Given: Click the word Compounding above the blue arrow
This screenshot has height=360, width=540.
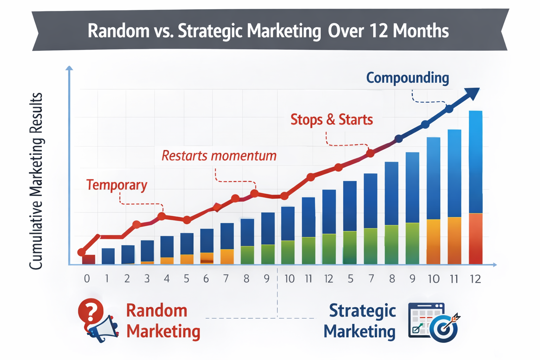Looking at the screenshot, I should click(407, 78).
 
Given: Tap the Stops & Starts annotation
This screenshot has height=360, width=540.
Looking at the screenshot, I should click(332, 120).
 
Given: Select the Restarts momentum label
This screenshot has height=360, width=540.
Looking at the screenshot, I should click(219, 155).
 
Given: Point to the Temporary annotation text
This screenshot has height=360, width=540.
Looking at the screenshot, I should click(117, 185).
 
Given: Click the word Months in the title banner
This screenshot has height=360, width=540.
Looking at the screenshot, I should click(421, 31).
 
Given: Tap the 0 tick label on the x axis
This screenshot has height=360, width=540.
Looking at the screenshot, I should click(87, 279).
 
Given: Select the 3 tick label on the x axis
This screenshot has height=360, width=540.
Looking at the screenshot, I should click(147, 279).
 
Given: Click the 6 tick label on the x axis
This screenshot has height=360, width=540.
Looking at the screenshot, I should click(206, 279).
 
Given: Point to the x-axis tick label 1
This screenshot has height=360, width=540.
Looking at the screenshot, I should click(107, 279).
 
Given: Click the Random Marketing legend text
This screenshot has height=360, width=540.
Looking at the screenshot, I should click(163, 321).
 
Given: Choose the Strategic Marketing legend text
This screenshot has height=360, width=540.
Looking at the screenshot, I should click(360, 321).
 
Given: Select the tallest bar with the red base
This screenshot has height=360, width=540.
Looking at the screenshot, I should click(476, 187).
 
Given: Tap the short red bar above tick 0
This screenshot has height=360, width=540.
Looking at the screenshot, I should click(89, 259).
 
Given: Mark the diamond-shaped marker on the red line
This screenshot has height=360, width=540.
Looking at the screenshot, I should click(217, 207).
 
